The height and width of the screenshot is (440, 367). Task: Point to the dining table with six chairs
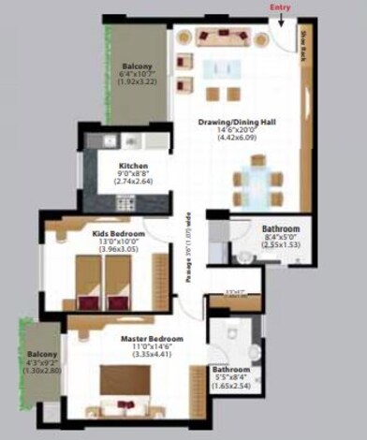(x=254, y=182)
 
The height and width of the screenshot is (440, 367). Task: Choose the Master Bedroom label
(x=151, y=338)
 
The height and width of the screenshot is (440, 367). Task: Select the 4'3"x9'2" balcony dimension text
(x=41, y=363)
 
